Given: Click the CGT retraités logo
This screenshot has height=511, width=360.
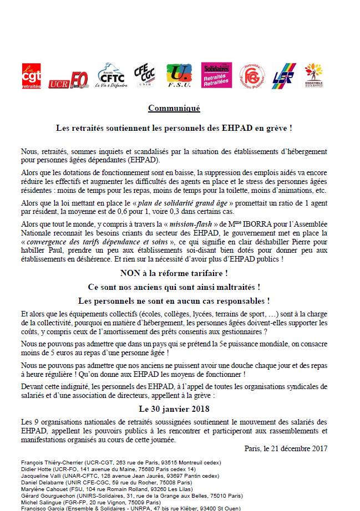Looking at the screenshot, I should [31, 76].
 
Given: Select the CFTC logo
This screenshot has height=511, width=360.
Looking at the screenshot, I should [111, 75].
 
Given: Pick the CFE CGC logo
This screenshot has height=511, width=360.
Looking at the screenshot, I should [145, 76].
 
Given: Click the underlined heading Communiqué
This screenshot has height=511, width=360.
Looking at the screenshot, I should [174, 109].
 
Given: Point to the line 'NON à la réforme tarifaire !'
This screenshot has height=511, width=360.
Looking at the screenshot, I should [174, 273].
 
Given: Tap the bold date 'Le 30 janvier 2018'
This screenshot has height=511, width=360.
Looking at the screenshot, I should [174, 409].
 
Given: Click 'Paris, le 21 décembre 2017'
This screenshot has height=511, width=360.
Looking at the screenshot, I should [286, 448].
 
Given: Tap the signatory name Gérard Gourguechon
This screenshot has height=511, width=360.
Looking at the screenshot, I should [45, 496].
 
